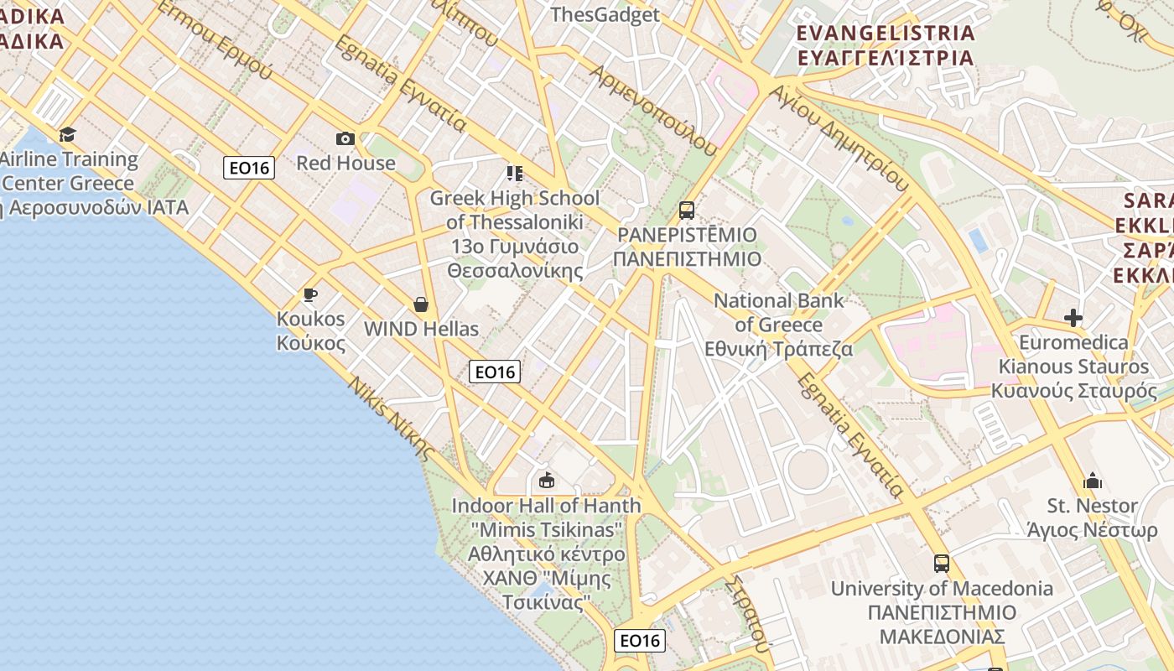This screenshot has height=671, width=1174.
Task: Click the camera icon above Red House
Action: coord(345,138)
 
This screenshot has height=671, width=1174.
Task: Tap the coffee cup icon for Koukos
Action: coord(310,294)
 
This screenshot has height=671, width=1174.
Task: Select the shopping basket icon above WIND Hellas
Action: coord(421,304)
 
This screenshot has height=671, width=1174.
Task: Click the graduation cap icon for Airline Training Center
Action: coord(67,134)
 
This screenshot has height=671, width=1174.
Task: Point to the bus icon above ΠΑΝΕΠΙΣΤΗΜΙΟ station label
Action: coord(687,210)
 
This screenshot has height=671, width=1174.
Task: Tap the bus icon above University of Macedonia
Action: coord(942,564)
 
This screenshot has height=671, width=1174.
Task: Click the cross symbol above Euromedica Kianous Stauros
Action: coord(1073,318)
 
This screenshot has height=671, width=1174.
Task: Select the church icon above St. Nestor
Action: coord(1092,481)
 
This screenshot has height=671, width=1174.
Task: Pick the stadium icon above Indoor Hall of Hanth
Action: coord(547,480)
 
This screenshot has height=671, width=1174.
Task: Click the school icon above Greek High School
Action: coord(514,174)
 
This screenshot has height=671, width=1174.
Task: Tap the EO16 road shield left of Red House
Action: coord(250,168)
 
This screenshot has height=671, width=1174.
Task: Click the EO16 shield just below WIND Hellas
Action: coord(495,372)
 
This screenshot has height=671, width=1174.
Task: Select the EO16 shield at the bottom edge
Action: coord(640,641)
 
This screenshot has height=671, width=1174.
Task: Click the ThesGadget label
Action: coord(605,14)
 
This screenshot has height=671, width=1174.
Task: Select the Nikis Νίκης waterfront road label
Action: coord(392,419)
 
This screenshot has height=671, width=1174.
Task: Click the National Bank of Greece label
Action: coord(779,324)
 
